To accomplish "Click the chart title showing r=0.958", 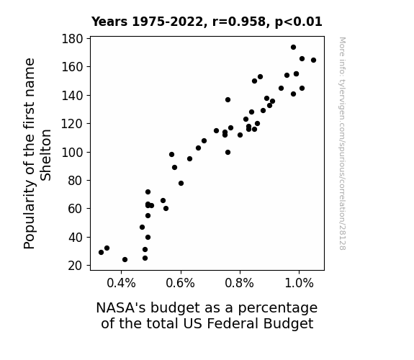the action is point(207,22).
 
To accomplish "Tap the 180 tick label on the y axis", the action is point(72,39).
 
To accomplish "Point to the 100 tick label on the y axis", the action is point(72,153).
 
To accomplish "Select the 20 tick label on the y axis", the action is point(76,266).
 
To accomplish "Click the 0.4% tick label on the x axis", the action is point(121,283).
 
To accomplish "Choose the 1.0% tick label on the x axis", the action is point(299,283).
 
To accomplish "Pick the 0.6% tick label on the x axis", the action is point(180,283).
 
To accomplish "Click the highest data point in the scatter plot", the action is point(293,48).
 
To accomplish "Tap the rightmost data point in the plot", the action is point(313,60).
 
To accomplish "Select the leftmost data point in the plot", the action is point(101,252).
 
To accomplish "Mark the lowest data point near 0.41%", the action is point(125,260).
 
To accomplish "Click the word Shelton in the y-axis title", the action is point(45,155).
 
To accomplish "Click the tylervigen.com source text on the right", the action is point(343,144).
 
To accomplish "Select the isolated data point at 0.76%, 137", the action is point(228,99).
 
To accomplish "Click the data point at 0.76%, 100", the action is point(228,153).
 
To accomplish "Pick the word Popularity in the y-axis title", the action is point(30,214).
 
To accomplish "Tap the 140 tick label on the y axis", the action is point(72,95).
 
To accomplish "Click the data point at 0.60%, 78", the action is point(181,184).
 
